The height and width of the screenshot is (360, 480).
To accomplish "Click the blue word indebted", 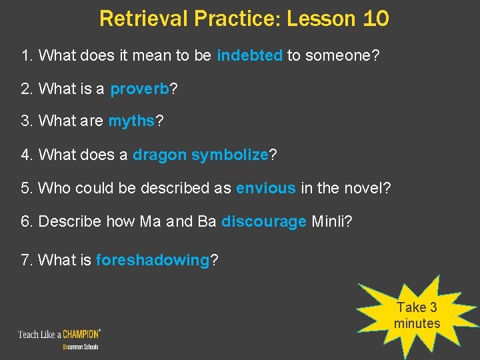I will point(249,56).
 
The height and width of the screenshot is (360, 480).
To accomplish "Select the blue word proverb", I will point(139,89).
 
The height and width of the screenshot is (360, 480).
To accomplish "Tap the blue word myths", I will point(131,122).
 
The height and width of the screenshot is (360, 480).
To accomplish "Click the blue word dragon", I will point(160,155).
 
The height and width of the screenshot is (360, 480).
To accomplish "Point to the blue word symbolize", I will point(229,155).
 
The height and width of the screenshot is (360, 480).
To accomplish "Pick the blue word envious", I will point(265,188).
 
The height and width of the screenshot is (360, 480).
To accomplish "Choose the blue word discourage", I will point(264,221).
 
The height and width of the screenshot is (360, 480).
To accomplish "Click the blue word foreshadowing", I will point(153,260).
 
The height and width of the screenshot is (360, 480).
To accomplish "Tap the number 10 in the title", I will point(376,19).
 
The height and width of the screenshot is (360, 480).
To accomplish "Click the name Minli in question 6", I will point(331,221).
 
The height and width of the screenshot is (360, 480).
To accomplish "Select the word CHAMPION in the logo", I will point(79,333).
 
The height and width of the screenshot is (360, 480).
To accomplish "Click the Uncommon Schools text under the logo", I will point(81,347).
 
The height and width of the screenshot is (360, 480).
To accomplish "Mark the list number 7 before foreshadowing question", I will point(27,260).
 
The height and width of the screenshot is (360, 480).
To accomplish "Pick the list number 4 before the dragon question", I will point(27,155).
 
